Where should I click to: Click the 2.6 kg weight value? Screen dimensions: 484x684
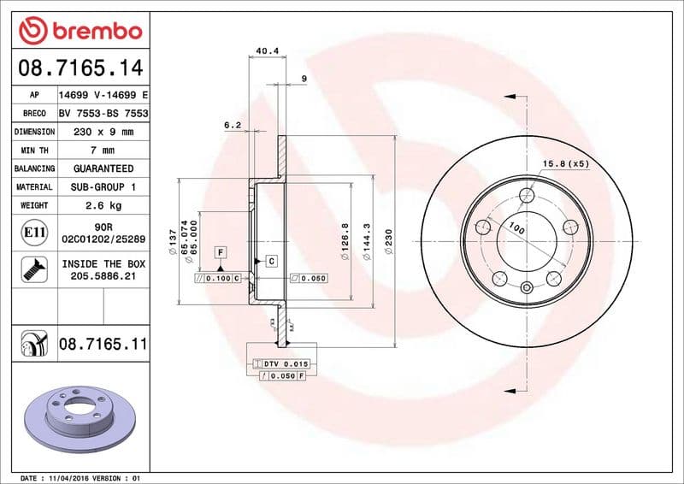tap(103, 205)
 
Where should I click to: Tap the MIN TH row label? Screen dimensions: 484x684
tap(34, 151)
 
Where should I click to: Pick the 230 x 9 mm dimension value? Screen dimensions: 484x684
tap(103, 133)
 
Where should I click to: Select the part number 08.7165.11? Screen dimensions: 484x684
tap(103, 345)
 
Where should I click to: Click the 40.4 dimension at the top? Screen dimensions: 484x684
tap(268, 51)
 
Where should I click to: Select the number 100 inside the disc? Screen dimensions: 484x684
tap(516, 229)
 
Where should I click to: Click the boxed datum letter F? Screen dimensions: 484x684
tap(221, 252)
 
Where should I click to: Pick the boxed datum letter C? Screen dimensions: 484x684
tap(271, 260)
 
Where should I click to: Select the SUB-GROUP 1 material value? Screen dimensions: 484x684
tap(103, 186)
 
